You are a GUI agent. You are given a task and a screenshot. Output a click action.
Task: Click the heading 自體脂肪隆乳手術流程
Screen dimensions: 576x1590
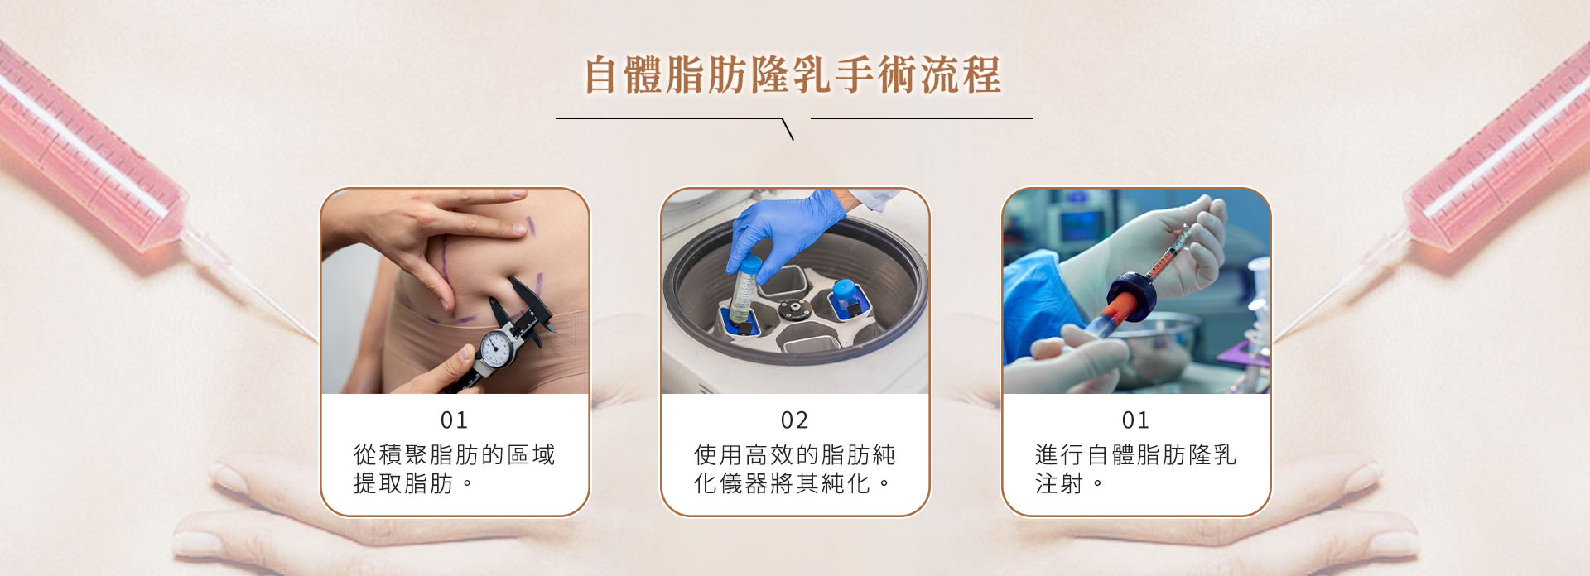[x=793, y=75]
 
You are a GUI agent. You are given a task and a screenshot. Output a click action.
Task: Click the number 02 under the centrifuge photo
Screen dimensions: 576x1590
[x=794, y=420]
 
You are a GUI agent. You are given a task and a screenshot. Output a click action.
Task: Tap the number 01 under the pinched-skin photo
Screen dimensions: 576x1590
[x=454, y=420]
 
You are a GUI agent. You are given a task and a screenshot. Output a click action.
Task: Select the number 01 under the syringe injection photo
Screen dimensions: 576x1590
[x=1135, y=420]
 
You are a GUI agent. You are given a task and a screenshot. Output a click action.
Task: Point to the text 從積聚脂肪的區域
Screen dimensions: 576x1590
[x=454, y=454]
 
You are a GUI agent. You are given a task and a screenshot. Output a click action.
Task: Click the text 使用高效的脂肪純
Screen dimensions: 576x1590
[x=794, y=454]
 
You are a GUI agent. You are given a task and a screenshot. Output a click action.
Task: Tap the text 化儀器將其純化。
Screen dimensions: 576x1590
[x=792, y=483]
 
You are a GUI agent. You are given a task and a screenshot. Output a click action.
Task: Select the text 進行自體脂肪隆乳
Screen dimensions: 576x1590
[x=1135, y=454]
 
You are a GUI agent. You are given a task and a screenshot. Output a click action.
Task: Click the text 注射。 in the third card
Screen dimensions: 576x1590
[x=1068, y=483]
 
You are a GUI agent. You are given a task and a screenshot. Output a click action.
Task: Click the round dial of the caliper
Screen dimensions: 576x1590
[x=496, y=349]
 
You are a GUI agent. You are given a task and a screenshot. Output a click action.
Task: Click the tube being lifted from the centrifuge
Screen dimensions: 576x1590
[x=745, y=290]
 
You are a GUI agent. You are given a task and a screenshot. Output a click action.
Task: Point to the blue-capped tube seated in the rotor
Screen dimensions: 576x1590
[x=845, y=298]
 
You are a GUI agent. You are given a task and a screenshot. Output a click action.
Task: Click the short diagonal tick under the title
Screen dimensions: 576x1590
[x=788, y=129]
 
